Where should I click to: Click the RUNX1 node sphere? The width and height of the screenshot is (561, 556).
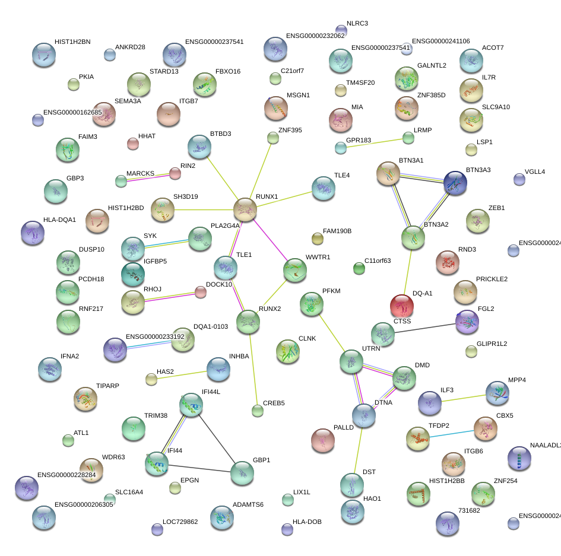[245, 209]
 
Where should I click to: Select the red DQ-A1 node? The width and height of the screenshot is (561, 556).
[402, 306]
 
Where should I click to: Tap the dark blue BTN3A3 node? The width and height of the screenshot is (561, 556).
[455, 183]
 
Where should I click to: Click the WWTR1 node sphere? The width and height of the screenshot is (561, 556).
[295, 270]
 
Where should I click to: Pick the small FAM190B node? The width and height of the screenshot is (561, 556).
[317, 239]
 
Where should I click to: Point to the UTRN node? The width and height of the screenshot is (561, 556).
[351, 361]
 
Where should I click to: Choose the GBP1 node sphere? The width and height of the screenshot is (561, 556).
[242, 472]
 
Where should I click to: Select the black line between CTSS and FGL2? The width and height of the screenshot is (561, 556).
[424, 328]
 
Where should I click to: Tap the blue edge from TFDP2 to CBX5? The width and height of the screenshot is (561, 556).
[451, 433]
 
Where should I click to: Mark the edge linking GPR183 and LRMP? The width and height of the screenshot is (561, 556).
[374, 142]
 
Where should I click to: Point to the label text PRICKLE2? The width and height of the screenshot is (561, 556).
[492, 279]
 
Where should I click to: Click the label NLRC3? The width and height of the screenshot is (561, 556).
[357, 24]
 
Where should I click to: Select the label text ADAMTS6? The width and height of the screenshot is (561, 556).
[248, 504]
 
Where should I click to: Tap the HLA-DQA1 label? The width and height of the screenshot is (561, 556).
[59, 220]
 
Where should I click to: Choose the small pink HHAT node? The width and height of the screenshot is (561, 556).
[133, 143]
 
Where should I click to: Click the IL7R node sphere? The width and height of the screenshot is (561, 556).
[471, 90]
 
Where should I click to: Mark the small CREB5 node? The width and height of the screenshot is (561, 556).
[257, 410]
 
